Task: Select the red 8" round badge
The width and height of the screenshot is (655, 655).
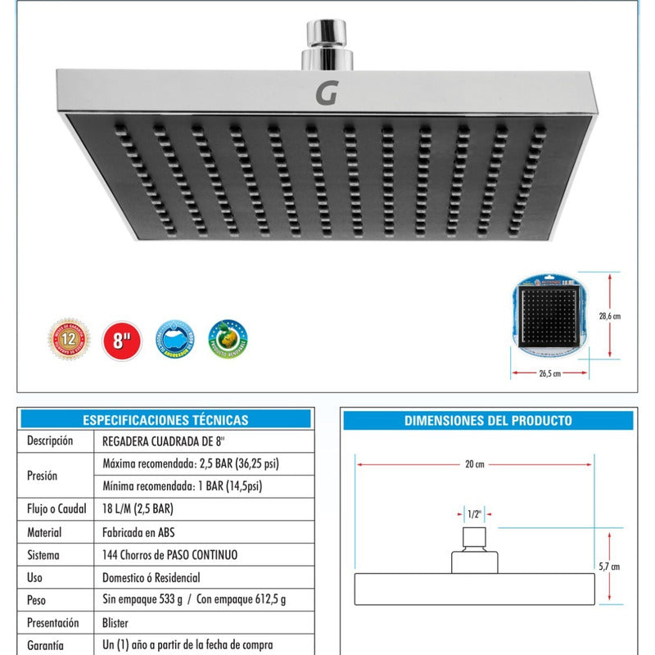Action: coord(121,340)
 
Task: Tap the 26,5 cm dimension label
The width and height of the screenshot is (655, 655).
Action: coord(549,373)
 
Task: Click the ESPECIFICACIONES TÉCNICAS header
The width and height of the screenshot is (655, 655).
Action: coord(165,420)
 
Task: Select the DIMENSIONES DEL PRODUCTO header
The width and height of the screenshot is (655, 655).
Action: coord(488,421)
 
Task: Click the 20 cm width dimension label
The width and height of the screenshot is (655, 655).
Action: coord(474,464)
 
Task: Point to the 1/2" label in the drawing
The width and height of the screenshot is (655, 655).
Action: coord(472,514)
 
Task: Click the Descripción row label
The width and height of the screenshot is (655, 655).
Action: coord(50,440)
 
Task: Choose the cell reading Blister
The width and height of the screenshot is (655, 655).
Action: coord(115,622)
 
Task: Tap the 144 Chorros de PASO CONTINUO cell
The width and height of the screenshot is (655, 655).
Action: coord(169,554)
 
